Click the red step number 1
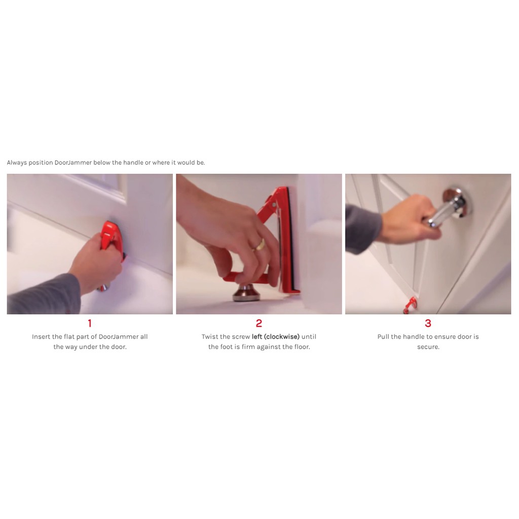tap(90, 323)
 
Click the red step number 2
tap(259, 323)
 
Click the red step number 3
tap(428, 323)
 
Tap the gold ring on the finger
tap(260, 244)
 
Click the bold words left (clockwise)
tap(276, 337)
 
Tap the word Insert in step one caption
tap(41, 337)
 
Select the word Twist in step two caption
tap(210, 337)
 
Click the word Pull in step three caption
tap(384, 337)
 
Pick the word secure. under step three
tap(428, 347)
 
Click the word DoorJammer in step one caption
tap(119, 337)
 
